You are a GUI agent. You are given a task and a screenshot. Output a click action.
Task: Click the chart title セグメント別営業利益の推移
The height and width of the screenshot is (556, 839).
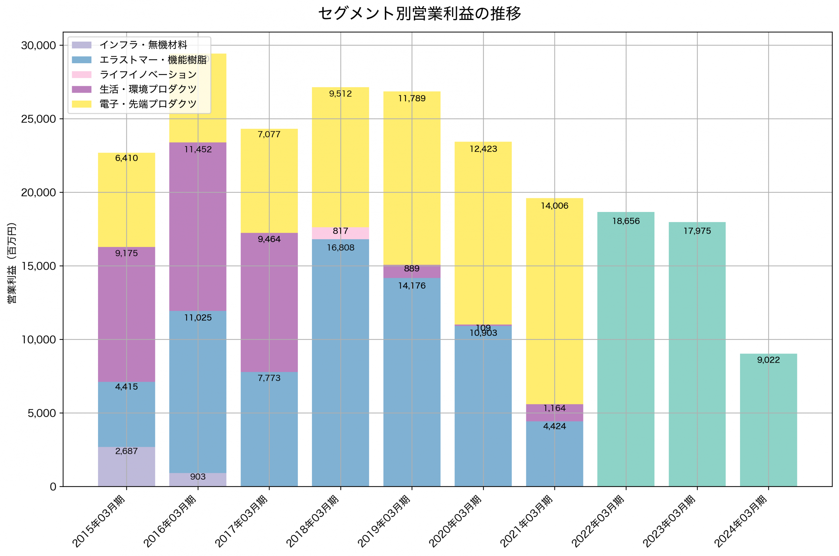[x=419, y=13]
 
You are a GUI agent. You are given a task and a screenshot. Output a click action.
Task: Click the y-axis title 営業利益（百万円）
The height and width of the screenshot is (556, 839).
[x=12, y=263]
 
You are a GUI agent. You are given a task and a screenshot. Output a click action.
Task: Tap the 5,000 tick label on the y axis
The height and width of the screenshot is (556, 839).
[x=42, y=413]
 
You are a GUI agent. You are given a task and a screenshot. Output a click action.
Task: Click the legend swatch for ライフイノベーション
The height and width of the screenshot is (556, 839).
[x=82, y=74]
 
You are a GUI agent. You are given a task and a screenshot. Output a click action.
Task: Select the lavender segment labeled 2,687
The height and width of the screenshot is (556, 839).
[x=127, y=467]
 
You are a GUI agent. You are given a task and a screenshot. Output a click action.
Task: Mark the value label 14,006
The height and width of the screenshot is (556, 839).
[x=554, y=206]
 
